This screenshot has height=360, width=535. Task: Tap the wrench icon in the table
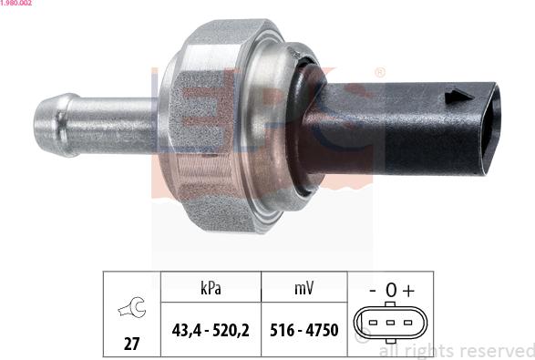[x=131, y=311]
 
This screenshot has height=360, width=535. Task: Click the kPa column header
[x=211, y=289]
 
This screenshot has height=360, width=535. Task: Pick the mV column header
[x=304, y=289]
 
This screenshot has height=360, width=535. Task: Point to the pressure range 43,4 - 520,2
[x=211, y=331]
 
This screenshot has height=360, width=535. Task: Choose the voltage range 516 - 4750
[x=304, y=331]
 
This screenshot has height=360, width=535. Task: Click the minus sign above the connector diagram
[x=372, y=291]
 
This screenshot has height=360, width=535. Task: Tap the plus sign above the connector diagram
[x=408, y=291]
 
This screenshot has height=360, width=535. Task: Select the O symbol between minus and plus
[x=390, y=291]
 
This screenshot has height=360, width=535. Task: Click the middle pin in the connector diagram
[x=390, y=324]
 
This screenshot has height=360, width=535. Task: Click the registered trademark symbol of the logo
[x=379, y=72]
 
